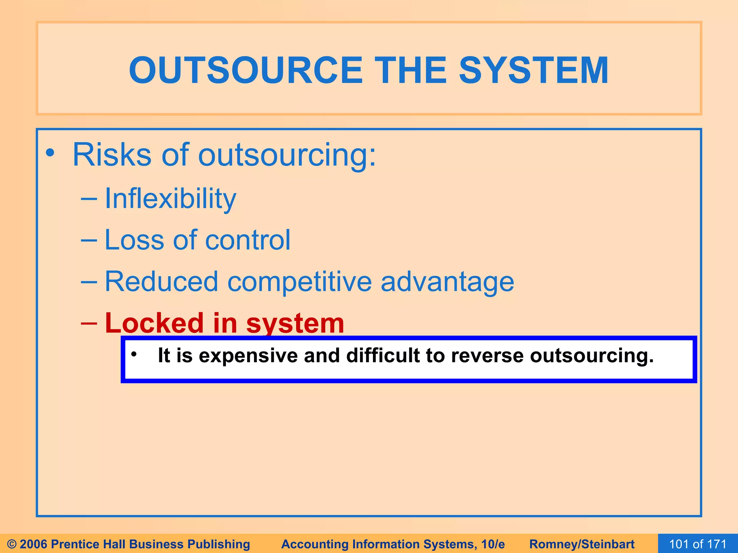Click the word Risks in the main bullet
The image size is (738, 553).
[112, 155]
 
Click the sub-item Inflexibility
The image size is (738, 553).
[170, 199]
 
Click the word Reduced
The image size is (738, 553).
[161, 282]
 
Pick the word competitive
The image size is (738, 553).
[299, 282]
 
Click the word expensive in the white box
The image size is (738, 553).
[248, 356]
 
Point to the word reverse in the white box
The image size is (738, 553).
[488, 356]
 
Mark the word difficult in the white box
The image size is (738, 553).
[383, 355]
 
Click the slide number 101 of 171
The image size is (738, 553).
[698, 544]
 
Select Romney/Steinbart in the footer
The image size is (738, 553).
[582, 544]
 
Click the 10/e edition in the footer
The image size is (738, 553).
[493, 544]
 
